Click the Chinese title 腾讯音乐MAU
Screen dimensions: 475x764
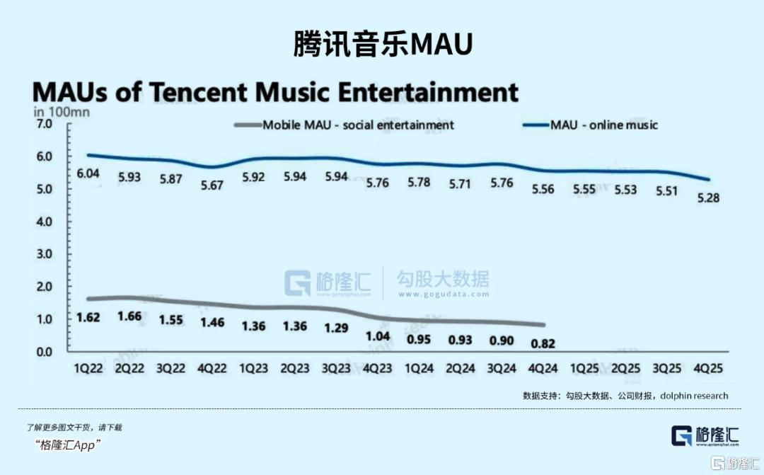click(x=382, y=44)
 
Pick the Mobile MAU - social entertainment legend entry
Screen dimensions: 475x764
click(x=358, y=125)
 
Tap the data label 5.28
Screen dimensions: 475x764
click(x=708, y=198)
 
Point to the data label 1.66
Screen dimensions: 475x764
click(x=131, y=316)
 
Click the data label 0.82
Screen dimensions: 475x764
click(x=543, y=344)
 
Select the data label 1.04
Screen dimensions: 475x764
click(x=379, y=336)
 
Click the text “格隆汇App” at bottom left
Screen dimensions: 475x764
click(x=68, y=445)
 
